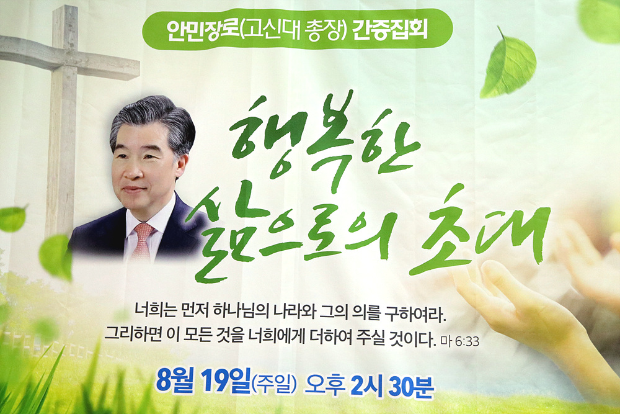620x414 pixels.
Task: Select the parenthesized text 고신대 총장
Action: [293, 29]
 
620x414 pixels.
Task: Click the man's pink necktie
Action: [142, 241]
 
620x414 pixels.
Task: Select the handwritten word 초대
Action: [480, 230]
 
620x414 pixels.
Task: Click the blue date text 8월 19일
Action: [203, 380]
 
